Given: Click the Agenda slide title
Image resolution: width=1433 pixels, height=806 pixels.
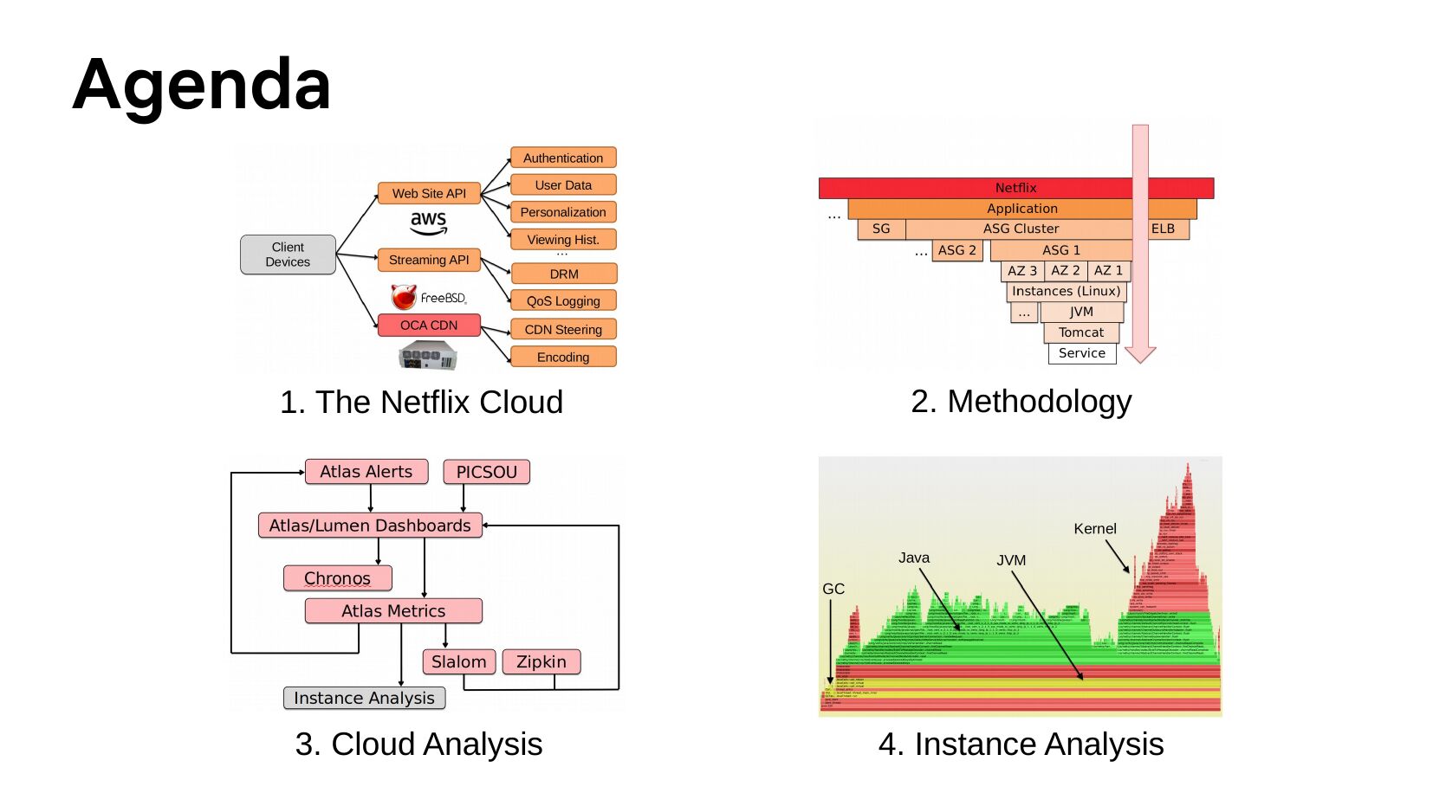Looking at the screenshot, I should [x=202, y=85].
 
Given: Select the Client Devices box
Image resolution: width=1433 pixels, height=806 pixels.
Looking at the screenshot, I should [x=288, y=255].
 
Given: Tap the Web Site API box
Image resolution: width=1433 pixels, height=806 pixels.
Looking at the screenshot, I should [x=429, y=193].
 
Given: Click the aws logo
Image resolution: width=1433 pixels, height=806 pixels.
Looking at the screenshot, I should [x=429, y=222].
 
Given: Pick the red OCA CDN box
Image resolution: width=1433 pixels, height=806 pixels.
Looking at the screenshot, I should [x=429, y=326].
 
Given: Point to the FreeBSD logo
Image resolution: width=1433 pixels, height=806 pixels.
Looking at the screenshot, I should [x=429, y=298].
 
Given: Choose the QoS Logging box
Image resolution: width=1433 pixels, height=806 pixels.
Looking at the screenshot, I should [x=563, y=300].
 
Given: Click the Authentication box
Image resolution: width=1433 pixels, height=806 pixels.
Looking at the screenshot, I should [x=563, y=158].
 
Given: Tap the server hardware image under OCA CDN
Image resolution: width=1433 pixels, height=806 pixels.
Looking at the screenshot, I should [x=427, y=355].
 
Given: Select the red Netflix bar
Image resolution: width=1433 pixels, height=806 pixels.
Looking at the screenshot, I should [x=1015, y=188].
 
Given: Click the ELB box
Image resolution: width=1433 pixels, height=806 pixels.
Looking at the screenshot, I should [x=1164, y=229].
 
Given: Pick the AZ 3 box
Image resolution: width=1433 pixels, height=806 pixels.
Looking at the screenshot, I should [x=1022, y=271].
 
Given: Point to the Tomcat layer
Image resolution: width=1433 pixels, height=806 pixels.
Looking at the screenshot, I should [x=1081, y=332].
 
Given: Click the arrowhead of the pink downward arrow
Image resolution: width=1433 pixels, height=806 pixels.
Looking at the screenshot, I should [x=1140, y=354].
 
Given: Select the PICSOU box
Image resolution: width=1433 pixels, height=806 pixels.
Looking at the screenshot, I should [x=486, y=472].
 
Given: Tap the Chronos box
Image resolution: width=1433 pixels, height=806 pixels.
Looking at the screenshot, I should [x=337, y=578].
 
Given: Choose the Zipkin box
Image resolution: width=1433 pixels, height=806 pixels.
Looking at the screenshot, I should [x=541, y=661].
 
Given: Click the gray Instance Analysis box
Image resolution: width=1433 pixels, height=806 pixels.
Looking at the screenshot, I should [x=364, y=698].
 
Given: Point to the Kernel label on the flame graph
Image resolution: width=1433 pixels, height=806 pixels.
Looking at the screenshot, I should [x=1095, y=529].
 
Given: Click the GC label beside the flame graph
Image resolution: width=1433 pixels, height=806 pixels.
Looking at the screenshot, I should [x=833, y=589].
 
